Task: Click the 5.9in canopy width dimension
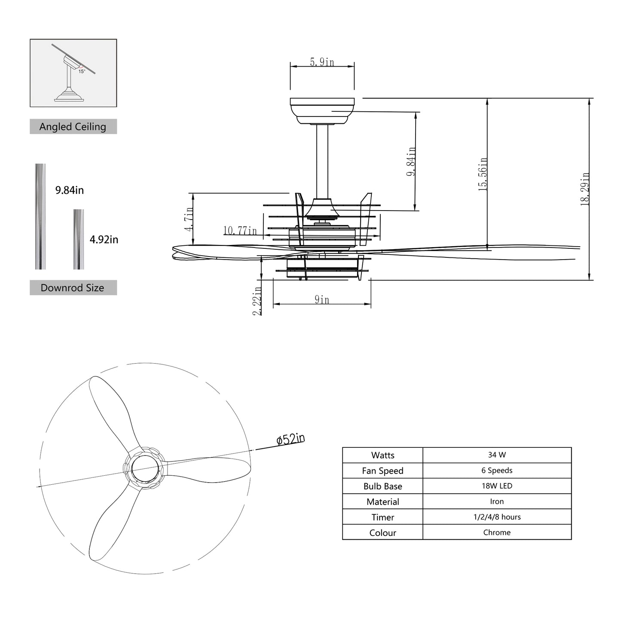(x=322, y=62)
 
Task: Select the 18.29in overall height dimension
(x=584, y=189)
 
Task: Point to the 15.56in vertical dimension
(x=483, y=174)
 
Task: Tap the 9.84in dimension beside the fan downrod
(x=411, y=162)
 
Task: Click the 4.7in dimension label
(x=189, y=219)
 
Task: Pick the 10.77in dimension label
(x=240, y=231)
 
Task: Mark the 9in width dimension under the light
(x=322, y=300)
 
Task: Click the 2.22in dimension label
(x=257, y=301)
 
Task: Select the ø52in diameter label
(x=291, y=439)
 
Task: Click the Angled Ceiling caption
(x=73, y=127)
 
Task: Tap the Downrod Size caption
(x=73, y=288)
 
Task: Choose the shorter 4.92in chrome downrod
(x=79, y=239)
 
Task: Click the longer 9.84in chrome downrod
(x=40, y=216)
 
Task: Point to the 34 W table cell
(x=497, y=455)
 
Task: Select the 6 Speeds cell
(x=497, y=470)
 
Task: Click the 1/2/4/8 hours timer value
(x=497, y=517)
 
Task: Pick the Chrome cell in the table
(x=497, y=532)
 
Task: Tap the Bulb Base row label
(x=382, y=486)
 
